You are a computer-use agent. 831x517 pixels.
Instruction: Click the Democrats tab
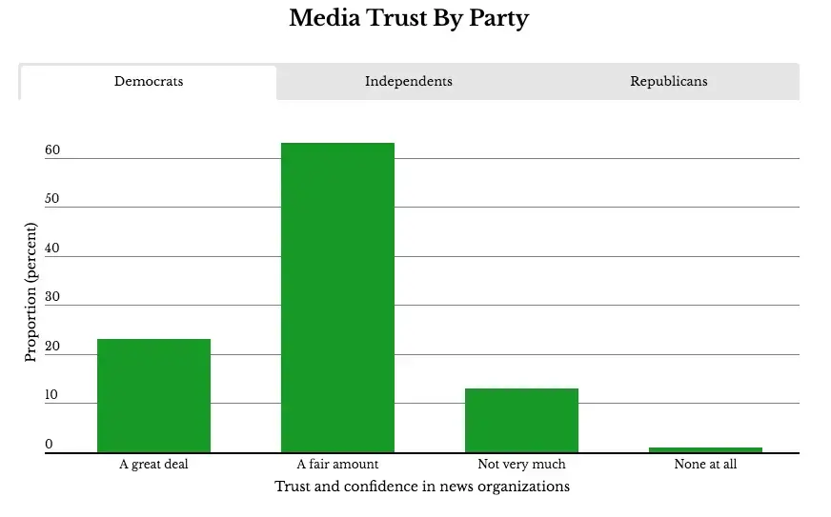(149, 82)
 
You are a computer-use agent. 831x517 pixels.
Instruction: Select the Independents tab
(409, 82)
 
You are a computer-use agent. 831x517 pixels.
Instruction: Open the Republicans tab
(669, 82)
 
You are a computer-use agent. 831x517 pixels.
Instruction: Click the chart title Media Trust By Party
(409, 18)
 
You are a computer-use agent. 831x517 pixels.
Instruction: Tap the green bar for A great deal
(153, 396)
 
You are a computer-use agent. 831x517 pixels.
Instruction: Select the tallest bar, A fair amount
(337, 298)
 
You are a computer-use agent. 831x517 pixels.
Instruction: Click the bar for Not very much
(521, 421)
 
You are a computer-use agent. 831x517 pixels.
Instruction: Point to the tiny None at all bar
(705, 450)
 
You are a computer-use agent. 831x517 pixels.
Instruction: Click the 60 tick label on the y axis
(52, 149)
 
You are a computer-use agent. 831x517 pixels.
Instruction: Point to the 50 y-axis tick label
(52, 199)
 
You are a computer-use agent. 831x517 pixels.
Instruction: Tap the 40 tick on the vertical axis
(52, 248)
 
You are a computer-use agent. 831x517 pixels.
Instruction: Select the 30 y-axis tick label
(52, 297)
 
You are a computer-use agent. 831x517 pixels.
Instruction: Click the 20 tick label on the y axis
(52, 346)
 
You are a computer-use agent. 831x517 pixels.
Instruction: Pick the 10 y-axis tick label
(51, 394)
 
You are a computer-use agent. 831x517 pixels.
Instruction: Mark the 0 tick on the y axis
(49, 444)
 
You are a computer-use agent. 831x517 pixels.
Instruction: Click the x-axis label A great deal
(153, 465)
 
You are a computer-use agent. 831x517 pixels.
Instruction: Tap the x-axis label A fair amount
(337, 465)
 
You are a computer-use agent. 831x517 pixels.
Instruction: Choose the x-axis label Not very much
(521, 465)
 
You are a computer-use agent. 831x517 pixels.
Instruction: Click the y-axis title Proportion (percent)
(30, 292)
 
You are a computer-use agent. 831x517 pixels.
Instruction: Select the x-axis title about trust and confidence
(422, 487)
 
